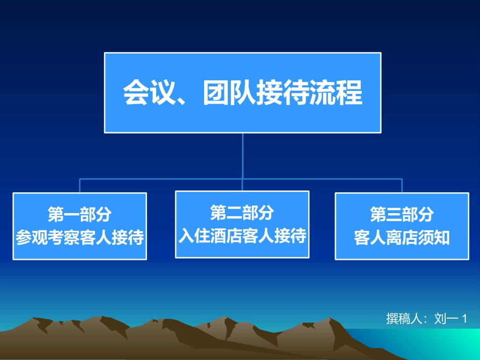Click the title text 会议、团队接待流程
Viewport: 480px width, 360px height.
pos(243,92)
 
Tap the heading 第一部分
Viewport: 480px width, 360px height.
pos(80,214)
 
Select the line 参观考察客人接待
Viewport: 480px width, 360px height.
pos(80,237)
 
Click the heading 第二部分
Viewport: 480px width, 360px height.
pos(242,213)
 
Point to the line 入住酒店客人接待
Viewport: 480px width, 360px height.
pos(243,235)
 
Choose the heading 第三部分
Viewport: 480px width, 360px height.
pos(402,214)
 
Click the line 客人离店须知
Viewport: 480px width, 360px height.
pos(402,238)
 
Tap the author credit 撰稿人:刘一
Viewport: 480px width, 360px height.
pos(422,319)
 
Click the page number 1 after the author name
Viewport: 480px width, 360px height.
pos(464,319)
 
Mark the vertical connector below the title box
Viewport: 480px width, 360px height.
pos(243,156)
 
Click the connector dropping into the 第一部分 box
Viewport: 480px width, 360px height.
pos(80,186)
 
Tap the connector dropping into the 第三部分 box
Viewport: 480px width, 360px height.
pos(402,186)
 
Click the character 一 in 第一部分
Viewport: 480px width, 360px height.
pos(72,215)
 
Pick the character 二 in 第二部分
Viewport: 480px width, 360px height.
pos(234,213)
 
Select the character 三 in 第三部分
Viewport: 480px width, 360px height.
pos(394,215)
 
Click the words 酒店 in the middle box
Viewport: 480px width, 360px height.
pos(226,235)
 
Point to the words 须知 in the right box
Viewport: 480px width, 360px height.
pos(434,238)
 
